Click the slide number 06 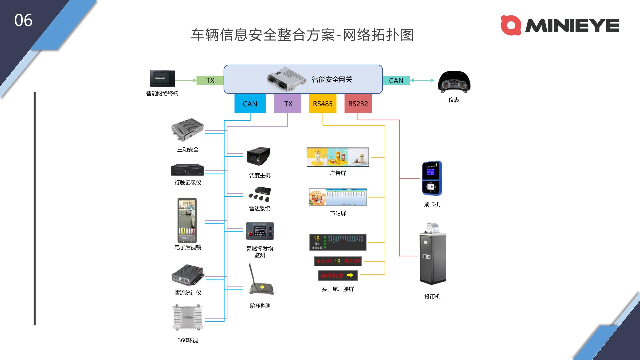[23, 20]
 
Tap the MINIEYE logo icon [511, 25]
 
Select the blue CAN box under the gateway [250, 104]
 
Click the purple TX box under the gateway [288, 104]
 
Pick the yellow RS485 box [323, 104]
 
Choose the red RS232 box [358, 104]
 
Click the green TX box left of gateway [210, 80]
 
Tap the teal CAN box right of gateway [396, 80]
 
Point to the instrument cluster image [454, 82]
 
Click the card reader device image [432, 178]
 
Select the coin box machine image [432, 254]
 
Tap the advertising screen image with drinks [338, 157]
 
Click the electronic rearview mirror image [187, 220]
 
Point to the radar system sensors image [259, 194]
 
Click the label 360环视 [188, 340]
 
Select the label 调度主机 [260, 175]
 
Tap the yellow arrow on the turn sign [350, 275]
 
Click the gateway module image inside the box [286, 79]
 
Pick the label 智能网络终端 [162, 93]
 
